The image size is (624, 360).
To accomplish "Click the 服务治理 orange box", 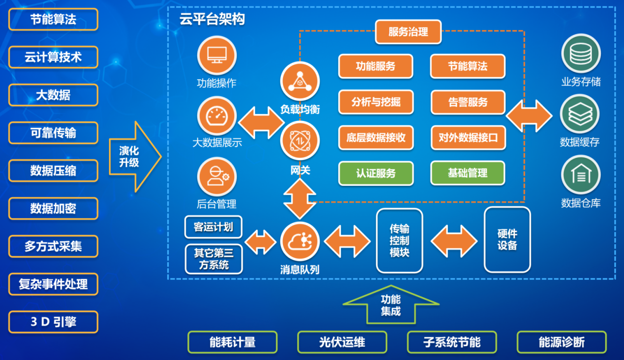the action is point(408,32).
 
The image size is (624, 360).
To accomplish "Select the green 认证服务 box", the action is point(376,173).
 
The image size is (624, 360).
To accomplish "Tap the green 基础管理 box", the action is point(468,173).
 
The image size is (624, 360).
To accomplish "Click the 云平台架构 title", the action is point(212,19).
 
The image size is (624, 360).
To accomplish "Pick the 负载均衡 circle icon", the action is point(300,81).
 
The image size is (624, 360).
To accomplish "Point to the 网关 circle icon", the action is point(300,141).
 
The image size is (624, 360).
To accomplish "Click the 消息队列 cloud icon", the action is point(300,241).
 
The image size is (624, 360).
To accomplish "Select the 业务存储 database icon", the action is point(581,54).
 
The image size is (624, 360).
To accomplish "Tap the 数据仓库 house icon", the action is point(581,175).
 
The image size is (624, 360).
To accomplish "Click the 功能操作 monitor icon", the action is point(217,56).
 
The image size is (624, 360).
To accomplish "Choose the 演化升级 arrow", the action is point(135,156).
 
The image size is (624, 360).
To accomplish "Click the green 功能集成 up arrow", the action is point(391,304).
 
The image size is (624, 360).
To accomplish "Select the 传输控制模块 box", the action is point(400,240).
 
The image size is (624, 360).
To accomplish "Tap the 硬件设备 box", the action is point(507,240).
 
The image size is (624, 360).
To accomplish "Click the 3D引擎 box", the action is point(53,322).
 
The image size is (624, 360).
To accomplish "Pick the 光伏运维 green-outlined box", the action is point(342,342).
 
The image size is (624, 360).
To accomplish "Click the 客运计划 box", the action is point(214,227).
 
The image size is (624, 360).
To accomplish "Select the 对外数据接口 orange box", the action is point(468,138).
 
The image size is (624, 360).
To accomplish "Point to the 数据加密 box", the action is point(53,209).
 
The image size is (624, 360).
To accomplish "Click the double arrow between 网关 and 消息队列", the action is point(300,199).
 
